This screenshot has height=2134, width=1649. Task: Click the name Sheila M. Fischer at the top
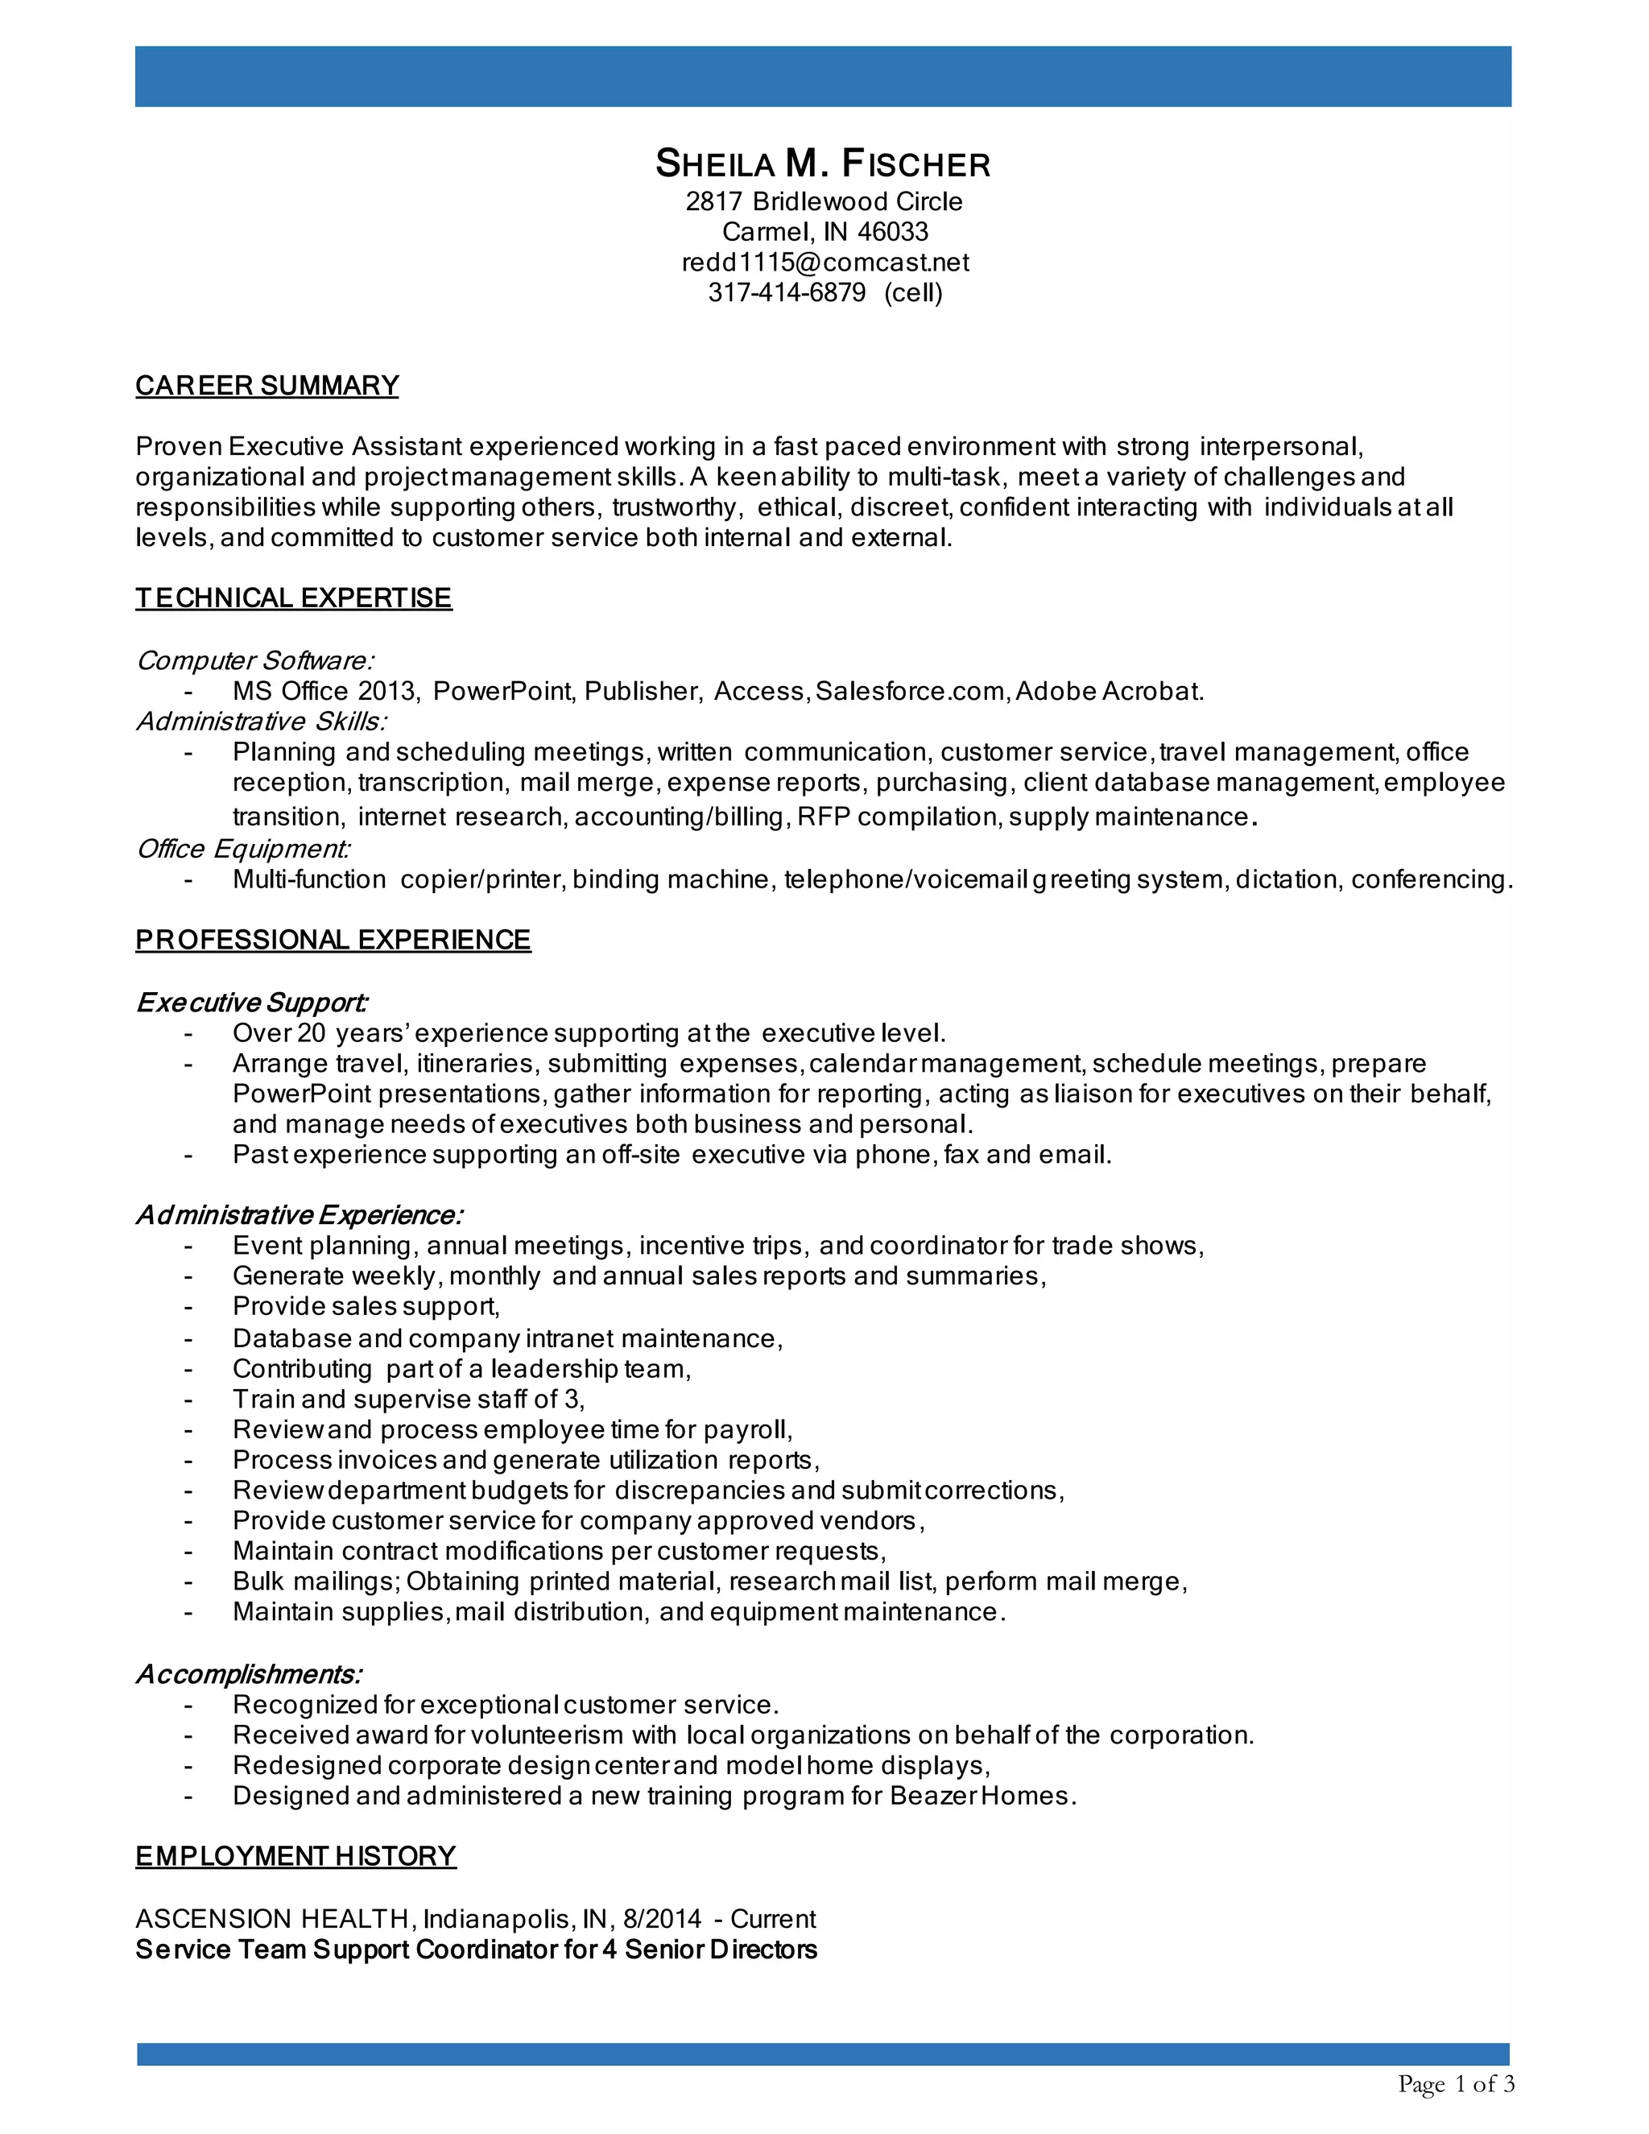pyautogui.click(x=823, y=164)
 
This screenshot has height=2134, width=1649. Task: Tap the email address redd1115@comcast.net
pyautogui.click(x=824, y=263)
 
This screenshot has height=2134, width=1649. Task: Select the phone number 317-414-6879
pyautogui.click(x=787, y=293)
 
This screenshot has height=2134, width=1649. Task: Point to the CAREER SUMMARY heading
pyautogui.click(x=267, y=386)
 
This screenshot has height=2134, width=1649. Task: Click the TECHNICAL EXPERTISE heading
pyautogui.click(x=293, y=598)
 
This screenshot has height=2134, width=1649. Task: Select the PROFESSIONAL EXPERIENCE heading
pyautogui.click(x=333, y=940)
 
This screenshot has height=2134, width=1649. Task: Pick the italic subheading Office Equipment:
pyautogui.click(x=243, y=849)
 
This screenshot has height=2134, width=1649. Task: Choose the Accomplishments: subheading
pyautogui.click(x=249, y=1675)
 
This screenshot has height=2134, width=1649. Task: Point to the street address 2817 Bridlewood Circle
pyautogui.click(x=824, y=202)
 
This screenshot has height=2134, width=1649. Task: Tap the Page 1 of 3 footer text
pyautogui.click(x=1456, y=2084)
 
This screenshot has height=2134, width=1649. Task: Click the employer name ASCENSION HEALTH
pyautogui.click(x=271, y=1919)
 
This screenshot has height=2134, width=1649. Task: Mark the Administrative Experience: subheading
pyautogui.click(x=299, y=1215)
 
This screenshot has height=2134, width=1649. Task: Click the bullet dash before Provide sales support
pyautogui.click(x=188, y=1307)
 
